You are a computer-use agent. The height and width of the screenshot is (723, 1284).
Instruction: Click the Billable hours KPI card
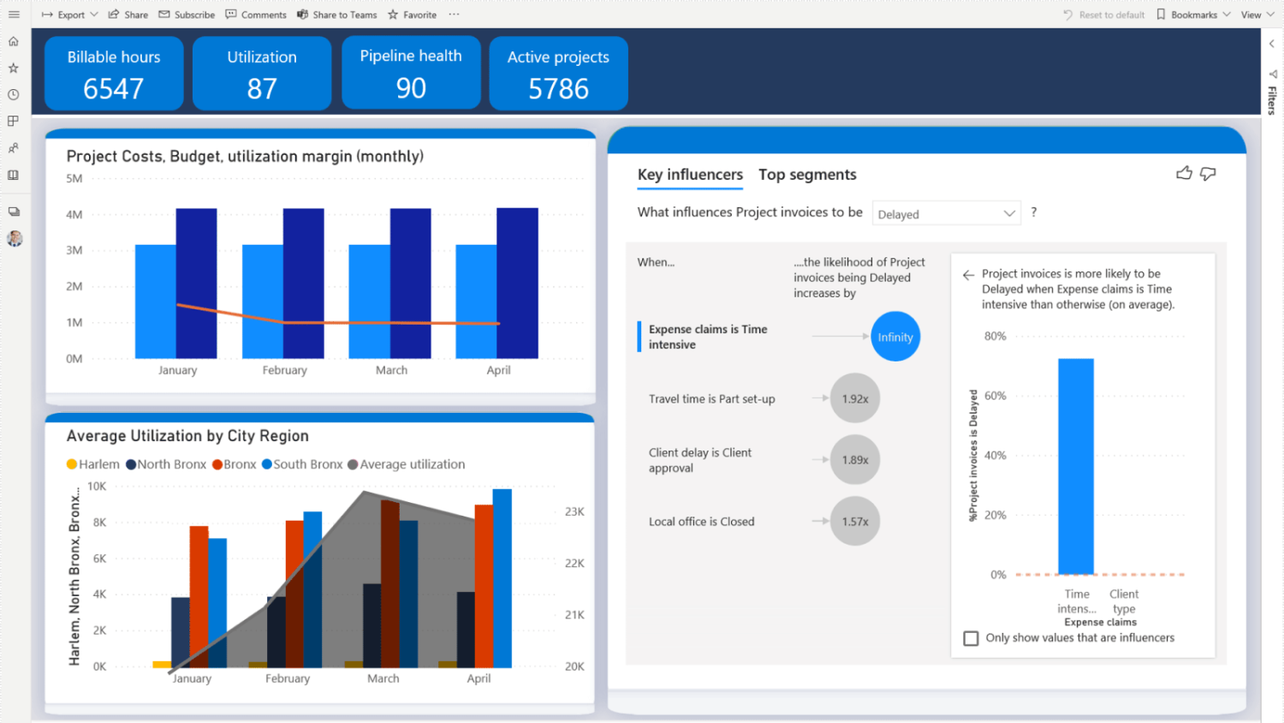click(114, 73)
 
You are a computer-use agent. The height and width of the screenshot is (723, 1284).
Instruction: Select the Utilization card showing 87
click(262, 73)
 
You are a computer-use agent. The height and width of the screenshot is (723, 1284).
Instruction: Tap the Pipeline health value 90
click(411, 88)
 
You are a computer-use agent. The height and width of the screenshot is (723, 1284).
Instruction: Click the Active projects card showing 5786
click(558, 73)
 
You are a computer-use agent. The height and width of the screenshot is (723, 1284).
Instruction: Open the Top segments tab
click(807, 175)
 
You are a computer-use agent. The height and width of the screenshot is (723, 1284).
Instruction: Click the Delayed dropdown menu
click(946, 213)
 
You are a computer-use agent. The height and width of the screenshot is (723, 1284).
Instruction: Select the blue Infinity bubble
click(895, 337)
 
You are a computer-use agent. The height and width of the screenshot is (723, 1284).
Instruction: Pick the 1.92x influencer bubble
click(854, 398)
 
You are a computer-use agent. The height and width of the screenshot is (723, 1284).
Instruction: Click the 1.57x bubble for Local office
click(854, 521)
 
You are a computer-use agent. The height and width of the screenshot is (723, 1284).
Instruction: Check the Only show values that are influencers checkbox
click(971, 638)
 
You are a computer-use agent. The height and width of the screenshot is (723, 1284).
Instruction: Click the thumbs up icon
click(1184, 174)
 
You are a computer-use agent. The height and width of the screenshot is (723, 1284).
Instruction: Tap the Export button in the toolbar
click(70, 15)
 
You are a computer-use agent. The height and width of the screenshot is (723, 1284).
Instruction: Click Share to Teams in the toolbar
click(337, 15)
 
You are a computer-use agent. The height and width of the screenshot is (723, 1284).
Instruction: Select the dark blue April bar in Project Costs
click(517, 283)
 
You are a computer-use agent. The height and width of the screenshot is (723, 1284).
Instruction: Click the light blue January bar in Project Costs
click(155, 302)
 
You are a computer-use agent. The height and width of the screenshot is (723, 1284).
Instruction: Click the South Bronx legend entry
click(301, 464)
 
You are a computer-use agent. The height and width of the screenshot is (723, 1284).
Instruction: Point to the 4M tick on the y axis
click(74, 214)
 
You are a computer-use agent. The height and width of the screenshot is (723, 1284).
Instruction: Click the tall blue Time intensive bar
click(1075, 466)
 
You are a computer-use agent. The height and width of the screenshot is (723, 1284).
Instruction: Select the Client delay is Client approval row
click(699, 460)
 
